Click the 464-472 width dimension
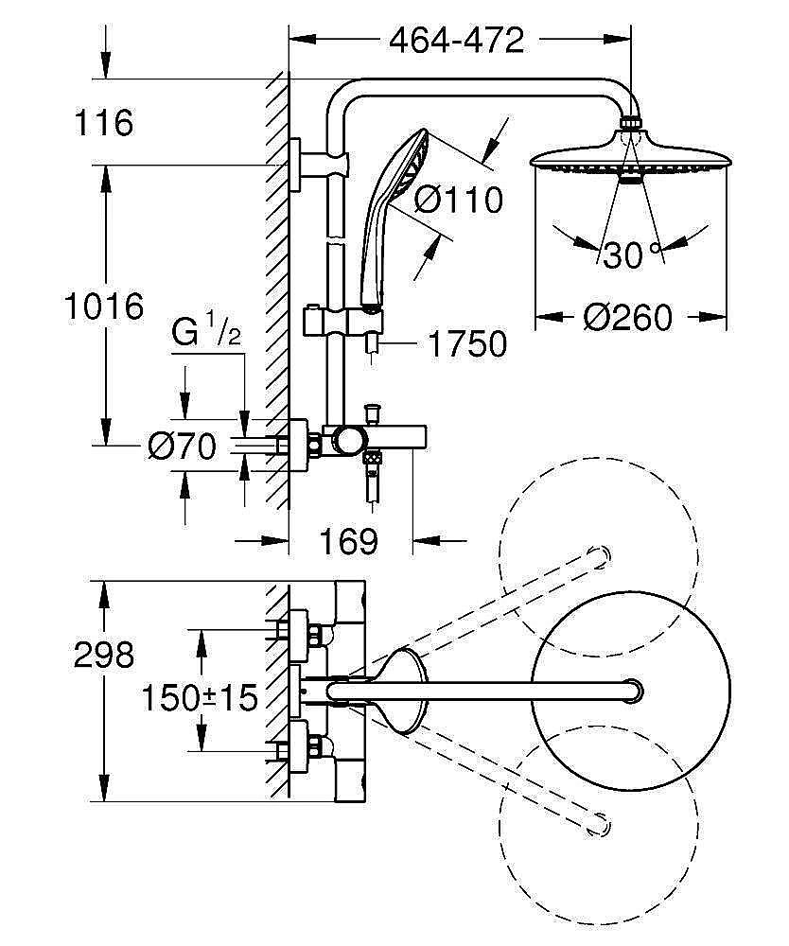(x=456, y=41)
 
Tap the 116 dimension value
(x=106, y=122)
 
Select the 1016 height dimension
(x=105, y=306)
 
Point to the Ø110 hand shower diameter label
(x=460, y=200)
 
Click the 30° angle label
(x=630, y=254)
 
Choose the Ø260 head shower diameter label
(x=627, y=317)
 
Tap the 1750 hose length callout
(x=467, y=344)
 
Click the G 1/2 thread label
(x=206, y=334)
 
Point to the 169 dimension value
(x=348, y=541)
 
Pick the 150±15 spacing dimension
(x=200, y=698)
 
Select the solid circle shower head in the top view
(x=632, y=692)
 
